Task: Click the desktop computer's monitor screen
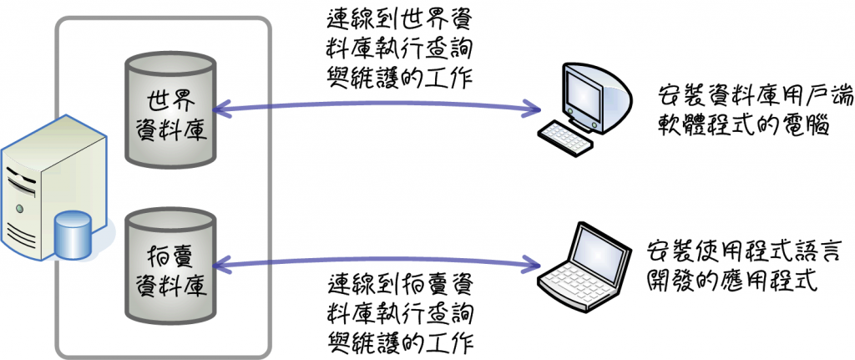584,91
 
